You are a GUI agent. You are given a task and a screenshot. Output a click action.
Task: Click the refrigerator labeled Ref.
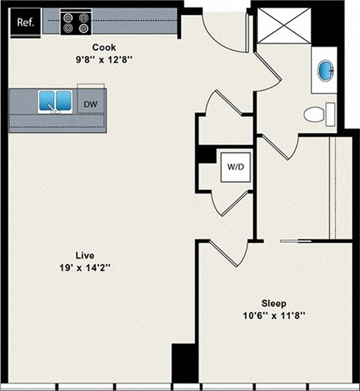tap(25, 23)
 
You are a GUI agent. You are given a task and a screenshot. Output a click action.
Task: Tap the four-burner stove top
tap(76, 23)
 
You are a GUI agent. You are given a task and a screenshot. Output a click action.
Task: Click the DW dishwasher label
tap(90, 104)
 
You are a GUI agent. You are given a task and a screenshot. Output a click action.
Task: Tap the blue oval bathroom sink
tap(328, 72)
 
